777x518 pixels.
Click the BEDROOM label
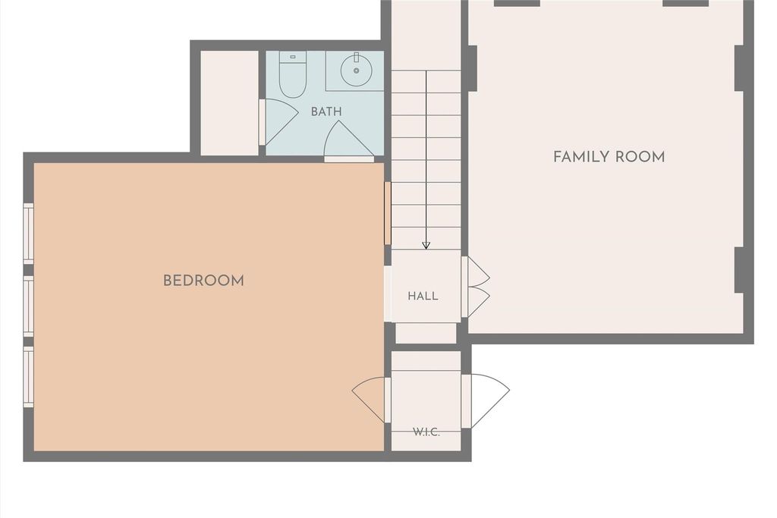pos(203,281)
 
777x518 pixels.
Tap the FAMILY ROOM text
pos(609,157)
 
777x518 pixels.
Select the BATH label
pos(326,111)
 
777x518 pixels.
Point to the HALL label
pos(423,296)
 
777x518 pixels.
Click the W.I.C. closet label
pos(426,432)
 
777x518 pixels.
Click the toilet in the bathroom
pos(292,74)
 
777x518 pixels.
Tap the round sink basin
pos(356,71)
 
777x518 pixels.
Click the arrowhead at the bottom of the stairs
pos(426,245)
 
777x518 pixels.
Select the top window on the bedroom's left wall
pos(29,234)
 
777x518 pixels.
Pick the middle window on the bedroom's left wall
pos(29,306)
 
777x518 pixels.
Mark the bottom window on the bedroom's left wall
pos(29,377)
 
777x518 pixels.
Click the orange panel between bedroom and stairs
pos(388,213)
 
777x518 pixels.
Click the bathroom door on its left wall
pos(278,122)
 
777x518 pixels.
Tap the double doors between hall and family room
pos(476,287)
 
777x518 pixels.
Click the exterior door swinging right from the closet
pos(486,401)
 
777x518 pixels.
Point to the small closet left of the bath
pos(229,103)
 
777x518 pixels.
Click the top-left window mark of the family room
pos(517,4)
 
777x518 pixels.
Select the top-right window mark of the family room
pos(686,4)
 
